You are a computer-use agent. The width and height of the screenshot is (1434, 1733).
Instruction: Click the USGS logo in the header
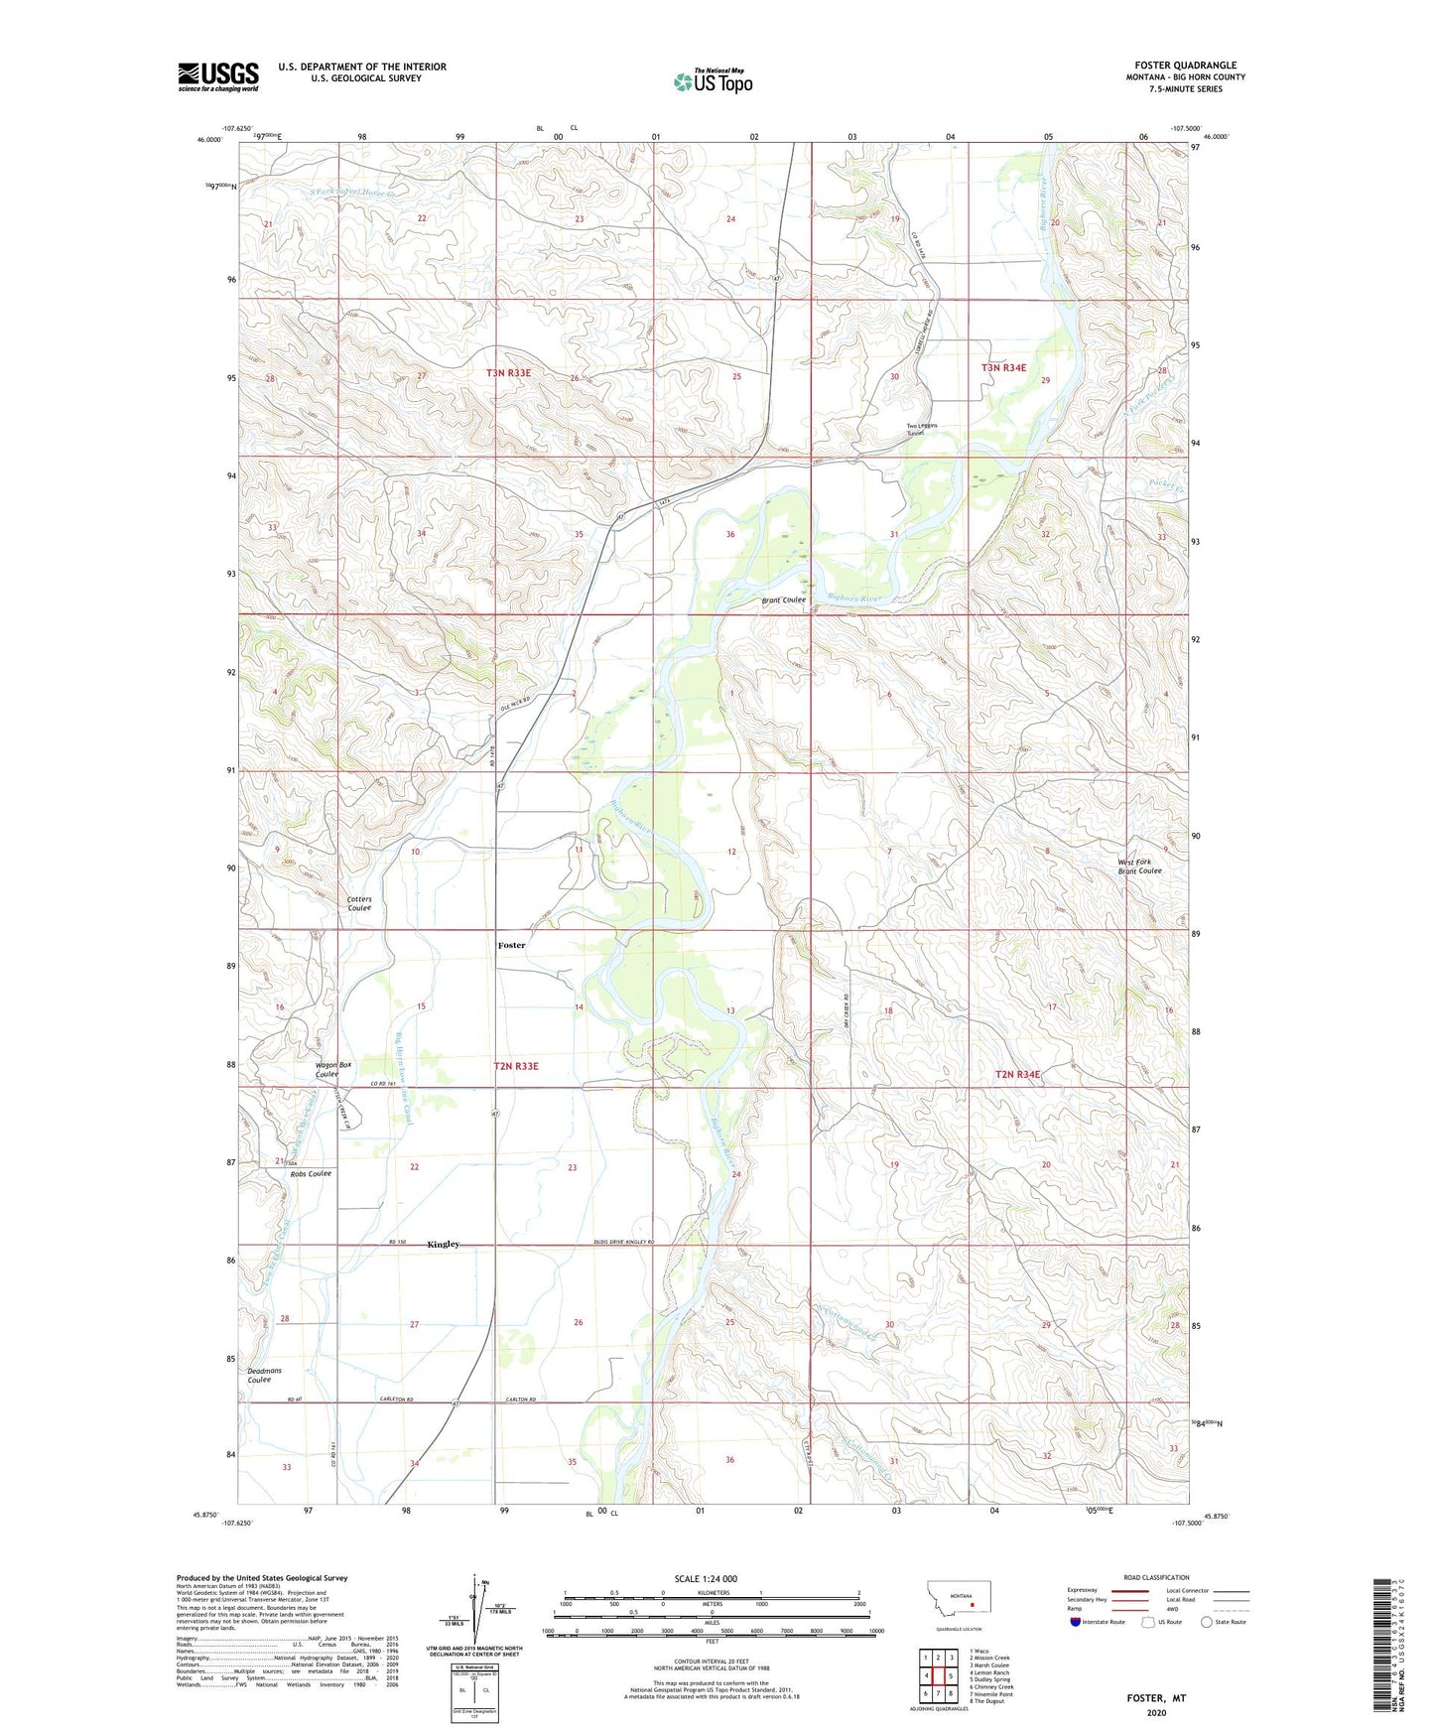tap(218, 76)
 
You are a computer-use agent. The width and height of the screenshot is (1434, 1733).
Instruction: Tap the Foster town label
tap(511, 945)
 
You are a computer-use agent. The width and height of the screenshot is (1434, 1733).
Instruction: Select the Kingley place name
tap(443, 1244)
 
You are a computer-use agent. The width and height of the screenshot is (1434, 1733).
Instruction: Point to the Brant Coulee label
tap(783, 600)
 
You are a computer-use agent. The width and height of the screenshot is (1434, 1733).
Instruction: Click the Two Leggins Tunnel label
tap(921, 430)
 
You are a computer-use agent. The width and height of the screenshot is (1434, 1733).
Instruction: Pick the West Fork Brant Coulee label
tap(1139, 866)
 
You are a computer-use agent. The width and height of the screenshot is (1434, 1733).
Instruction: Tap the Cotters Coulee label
tap(359, 903)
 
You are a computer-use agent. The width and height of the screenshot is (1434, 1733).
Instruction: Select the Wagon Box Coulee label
tap(327, 1069)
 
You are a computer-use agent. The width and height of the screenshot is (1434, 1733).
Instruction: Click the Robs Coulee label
tap(311, 1173)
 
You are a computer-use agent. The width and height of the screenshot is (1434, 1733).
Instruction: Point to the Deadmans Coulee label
tap(264, 1375)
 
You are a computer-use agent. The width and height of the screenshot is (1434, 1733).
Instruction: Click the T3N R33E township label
tap(508, 373)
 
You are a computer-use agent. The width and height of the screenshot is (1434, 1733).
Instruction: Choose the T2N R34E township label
tap(1017, 1074)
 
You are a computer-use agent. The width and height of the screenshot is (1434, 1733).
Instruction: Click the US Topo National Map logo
tap(713, 81)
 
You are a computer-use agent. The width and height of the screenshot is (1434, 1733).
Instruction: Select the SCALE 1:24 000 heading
tap(706, 1578)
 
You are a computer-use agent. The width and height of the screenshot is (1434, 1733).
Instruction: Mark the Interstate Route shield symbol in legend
tap(1076, 1622)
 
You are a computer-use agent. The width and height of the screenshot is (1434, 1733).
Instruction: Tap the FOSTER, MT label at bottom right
tap(1156, 1698)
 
